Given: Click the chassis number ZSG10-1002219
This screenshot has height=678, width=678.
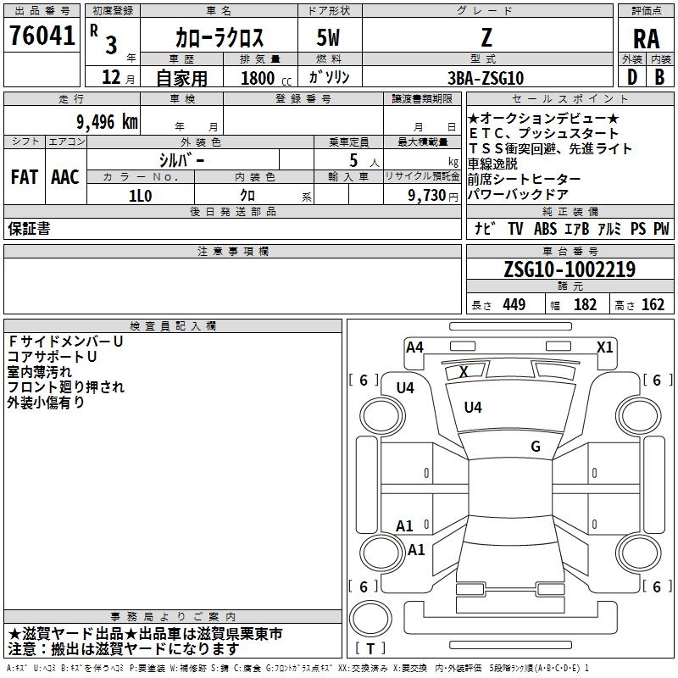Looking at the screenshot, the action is click(x=569, y=270).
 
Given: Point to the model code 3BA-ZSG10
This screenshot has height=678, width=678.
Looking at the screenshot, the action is click(x=486, y=77).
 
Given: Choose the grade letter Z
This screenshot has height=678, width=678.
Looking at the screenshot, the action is click(x=486, y=38).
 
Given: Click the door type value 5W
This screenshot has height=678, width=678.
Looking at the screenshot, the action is click(x=330, y=38).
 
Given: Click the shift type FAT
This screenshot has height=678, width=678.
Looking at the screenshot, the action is click(x=24, y=177).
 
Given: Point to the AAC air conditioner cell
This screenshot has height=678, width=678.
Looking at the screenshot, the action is click(x=65, y=177).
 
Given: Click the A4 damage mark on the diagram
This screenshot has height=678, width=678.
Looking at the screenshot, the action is click(x=414, y=347).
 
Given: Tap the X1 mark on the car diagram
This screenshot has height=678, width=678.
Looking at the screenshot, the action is click(x=604, y=347).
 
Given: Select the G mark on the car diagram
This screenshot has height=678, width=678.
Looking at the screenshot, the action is click(x=536, y=447).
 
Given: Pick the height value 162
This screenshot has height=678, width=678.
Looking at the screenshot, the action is click(x=653, y=305).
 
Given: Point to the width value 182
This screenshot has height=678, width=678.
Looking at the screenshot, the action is click(x=585, y=305).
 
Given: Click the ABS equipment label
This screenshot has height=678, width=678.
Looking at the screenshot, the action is click(x=545, y=228).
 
